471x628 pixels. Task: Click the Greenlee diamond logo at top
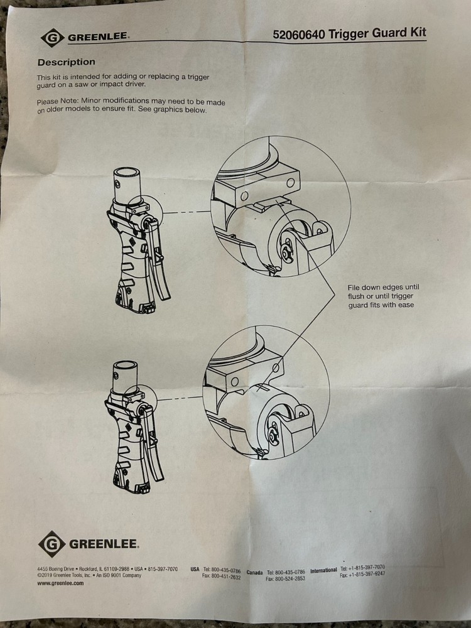point(53,38)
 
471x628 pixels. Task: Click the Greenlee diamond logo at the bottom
point(52,544)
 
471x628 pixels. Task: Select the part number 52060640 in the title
point(299,35)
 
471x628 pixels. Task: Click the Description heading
point(67,62)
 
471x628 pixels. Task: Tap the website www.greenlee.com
point(60,583)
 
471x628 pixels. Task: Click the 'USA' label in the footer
point(195,569)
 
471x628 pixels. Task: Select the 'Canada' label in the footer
point(255,572)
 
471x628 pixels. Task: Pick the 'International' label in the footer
point(323,570)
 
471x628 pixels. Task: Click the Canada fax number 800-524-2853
point(290,578)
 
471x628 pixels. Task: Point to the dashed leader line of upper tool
point(187,212)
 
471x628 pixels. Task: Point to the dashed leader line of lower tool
point(180,398)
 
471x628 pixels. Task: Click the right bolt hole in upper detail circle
point(291,183)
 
